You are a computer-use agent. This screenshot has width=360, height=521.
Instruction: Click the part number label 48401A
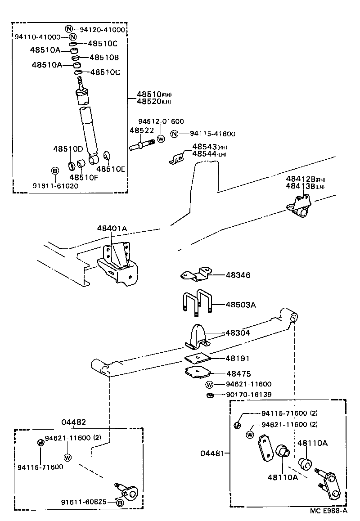pyautogui.click(x=112, y=229)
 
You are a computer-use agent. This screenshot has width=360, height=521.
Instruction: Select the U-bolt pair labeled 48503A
pyautogui.click(x=197, y=304)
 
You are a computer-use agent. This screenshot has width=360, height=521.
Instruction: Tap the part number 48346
pyautogui.click(x=238, y=275)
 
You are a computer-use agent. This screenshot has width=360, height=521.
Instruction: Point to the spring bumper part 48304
pyautogui.click(x=197, y=337)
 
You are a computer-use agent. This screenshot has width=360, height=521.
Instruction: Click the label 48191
pyautogui.click(x=238, y=359)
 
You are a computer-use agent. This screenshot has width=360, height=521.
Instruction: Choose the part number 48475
pyautogui.click(x=238, y=373)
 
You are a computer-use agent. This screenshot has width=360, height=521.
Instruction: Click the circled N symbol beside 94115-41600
pyautogui.click(x=175, y=134)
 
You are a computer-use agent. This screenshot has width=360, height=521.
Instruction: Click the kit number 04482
pyautogui.click(x=73, y=422)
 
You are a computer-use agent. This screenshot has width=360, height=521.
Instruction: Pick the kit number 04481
pyautogui.click(x=212, y=453)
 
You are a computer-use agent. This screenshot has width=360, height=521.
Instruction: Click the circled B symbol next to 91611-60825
pyautogui.click(x=120, y=503)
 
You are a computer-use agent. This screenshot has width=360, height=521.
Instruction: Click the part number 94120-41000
pyautogui.click(x=102, y=30)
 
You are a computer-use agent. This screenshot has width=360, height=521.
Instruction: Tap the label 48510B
pyautogui.click(x=104, y=58)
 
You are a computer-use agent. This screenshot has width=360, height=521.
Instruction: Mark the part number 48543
pyautogui.click(x=204, y=147)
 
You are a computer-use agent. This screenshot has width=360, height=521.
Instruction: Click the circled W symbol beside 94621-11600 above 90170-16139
pyautogui.click(x=209, y=385)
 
